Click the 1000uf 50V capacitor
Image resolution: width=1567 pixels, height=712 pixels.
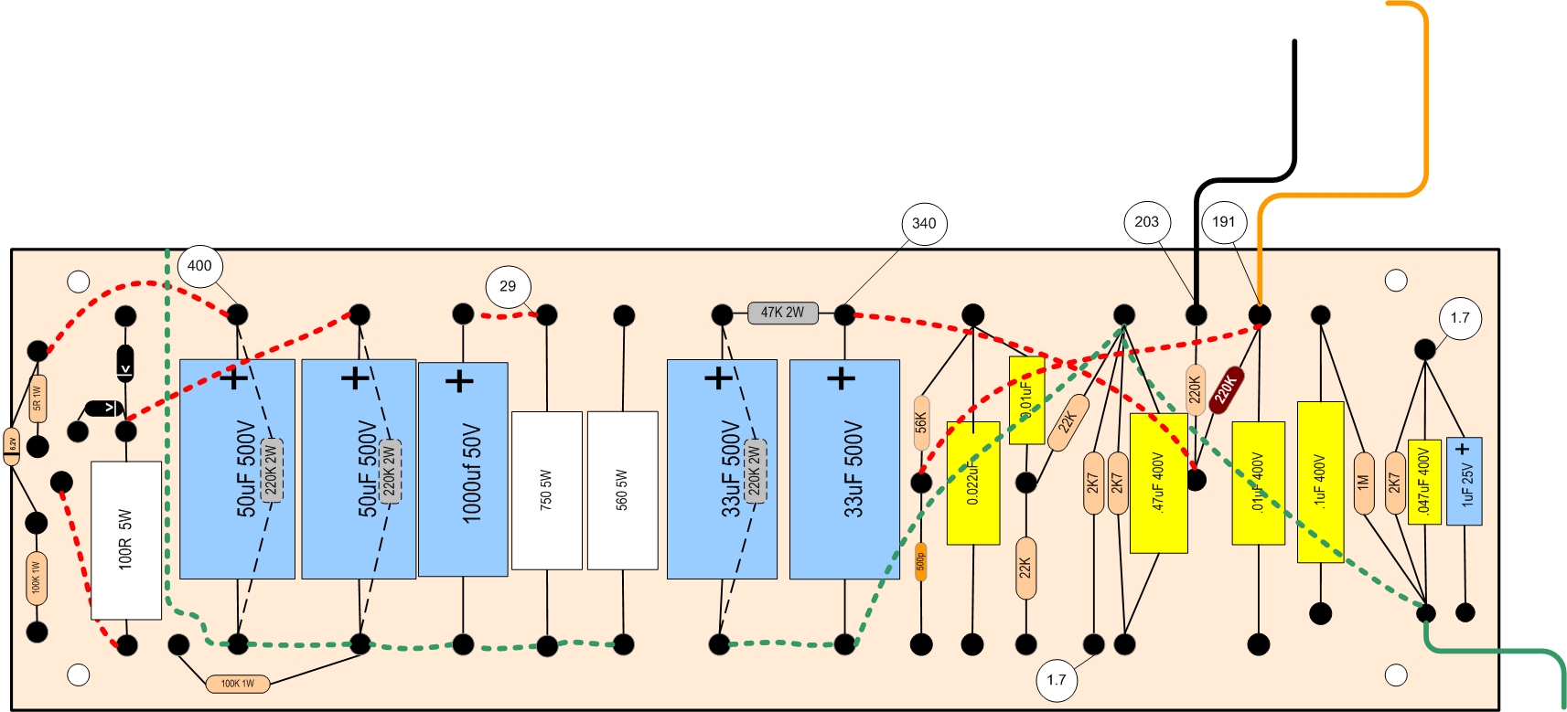click(x=463, y=469)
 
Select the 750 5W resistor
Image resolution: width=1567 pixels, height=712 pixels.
click(x=546, y=490)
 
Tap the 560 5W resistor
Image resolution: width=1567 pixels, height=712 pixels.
click(x=622, y=490)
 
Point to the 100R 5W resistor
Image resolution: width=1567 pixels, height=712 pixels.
click(x=126, y=539)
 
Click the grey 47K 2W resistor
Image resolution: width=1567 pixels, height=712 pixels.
click(x=782, y=313)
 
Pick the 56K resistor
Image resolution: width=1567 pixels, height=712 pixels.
click(x=921, y=422)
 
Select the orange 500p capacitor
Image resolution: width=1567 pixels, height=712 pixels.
click(x=921, y=561)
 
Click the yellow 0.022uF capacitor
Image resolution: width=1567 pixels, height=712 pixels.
click(x=972, y=483)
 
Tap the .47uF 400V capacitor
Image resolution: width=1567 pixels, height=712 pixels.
click(x=1158, y=483)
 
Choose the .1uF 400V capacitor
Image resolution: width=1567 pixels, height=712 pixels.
click(x=1320, y=482)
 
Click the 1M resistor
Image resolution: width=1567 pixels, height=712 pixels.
click(x=1363, y=482)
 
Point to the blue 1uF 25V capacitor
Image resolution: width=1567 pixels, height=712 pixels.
click(x=1464, y=482)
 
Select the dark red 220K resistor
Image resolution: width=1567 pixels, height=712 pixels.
click(x=1225, y=388)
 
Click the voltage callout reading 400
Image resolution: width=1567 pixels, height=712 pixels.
click(x=199, y=266)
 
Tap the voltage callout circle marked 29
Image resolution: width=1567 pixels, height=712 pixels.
click(x=508, y=286)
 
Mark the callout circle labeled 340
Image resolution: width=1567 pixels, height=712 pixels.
click(x=924, y=223)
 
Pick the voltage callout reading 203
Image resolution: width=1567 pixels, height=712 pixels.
click(x=1146, y=221)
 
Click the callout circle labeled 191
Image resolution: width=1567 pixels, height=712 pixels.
click(x=1224, y=221)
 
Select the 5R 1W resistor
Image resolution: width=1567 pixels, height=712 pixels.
click(x=38, y=399)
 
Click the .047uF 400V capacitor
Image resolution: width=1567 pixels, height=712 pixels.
click(x=1423, y=482)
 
